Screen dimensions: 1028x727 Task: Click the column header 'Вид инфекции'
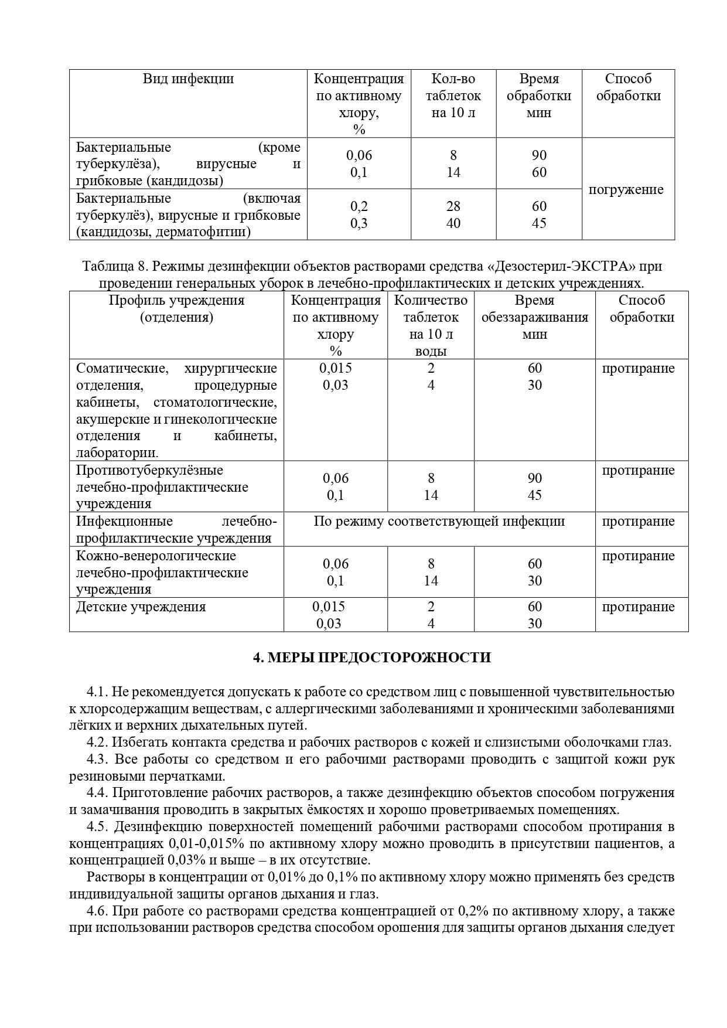point(188,79)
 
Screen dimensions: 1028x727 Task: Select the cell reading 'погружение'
point(626,189)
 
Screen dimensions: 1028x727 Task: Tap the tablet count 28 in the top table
point(453,206)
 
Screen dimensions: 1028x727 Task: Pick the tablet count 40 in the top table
point(453,223)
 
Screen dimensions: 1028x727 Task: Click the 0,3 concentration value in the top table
point(359,223)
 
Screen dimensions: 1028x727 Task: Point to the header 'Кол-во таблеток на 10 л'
point(453,96)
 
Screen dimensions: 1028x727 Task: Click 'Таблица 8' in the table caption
point(115,267)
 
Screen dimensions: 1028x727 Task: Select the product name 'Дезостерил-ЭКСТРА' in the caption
point(561,267)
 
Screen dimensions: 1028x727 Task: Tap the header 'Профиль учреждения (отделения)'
point(176,309)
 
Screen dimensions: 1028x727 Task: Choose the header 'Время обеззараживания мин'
point(534,317)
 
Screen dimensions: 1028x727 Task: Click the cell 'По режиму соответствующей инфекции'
point(439,522)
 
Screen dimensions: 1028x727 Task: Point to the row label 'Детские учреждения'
point(141,607)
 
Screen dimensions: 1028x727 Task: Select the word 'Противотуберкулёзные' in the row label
point(149,471)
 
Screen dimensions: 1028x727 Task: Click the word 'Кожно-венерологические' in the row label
point(156,556)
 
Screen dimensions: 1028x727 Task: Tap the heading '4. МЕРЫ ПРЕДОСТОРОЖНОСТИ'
point(371,658)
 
